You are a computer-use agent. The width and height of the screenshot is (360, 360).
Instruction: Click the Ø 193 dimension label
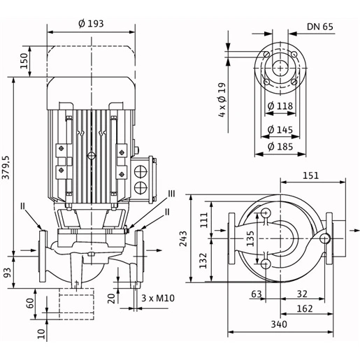[91, 24]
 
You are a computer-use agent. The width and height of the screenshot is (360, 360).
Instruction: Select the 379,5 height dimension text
[6, 167]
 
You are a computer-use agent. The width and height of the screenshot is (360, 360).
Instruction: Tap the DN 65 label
[320, 27]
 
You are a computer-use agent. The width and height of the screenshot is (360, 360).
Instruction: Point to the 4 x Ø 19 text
[222, 100]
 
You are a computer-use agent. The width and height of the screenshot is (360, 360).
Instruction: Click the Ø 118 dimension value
[280, 106]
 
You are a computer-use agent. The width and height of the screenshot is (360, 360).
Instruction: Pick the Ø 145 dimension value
[280, 129]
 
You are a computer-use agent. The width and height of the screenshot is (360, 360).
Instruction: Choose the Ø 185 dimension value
[280, 147]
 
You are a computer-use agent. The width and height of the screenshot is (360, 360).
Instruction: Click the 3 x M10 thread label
[158, 298]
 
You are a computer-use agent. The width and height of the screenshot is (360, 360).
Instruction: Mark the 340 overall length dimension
[279, 324]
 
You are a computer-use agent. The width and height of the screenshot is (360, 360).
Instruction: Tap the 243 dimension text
[183, 238]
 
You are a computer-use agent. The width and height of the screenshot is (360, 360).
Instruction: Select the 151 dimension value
[310, 175]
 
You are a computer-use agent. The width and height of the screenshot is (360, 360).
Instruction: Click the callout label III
[172, 194]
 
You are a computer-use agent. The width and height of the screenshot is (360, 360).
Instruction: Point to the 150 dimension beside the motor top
[24, 61]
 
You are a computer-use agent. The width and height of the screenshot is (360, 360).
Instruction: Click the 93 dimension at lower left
[7, 273]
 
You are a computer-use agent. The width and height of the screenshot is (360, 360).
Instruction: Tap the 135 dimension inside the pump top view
[250, 238]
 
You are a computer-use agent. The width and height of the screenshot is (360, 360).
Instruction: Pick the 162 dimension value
[305, 309]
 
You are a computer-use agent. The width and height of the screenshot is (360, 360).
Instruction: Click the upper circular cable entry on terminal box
[141, 171]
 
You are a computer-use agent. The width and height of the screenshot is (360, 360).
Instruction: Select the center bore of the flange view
[280, 69]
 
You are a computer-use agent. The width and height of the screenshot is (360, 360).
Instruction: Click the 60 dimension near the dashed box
[31, 303]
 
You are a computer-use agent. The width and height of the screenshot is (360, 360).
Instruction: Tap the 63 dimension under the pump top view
[257, 294]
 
